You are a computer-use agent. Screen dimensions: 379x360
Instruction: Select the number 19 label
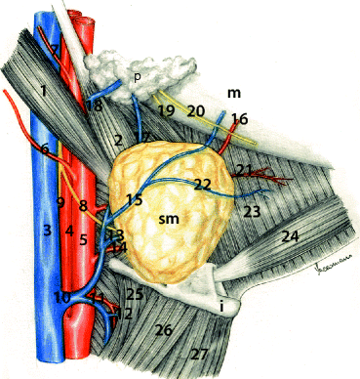click(x=167, y=111)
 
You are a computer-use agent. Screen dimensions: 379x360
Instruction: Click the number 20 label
click(x=197, y=111)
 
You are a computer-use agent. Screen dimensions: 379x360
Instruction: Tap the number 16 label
click(x=240, y=118)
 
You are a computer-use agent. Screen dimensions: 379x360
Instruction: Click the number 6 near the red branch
click(x=45, y=148)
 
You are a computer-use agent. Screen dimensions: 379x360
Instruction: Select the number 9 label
click(x=60, y=202)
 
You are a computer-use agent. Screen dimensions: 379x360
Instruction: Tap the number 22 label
click(x=202, y=184)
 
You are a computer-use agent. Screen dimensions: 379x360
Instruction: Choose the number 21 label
click(x=244, y=171)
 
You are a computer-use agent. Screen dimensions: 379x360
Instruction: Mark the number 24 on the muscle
click(x=290, y=236)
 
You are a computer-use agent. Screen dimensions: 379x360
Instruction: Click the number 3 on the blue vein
click(x=46, y=231)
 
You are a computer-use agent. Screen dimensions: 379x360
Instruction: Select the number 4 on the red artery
click(x=67, y=232)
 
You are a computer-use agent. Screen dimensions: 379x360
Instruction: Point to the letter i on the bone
click(x=223, y=306)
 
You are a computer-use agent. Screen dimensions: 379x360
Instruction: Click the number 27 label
click(x=201, y=353)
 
